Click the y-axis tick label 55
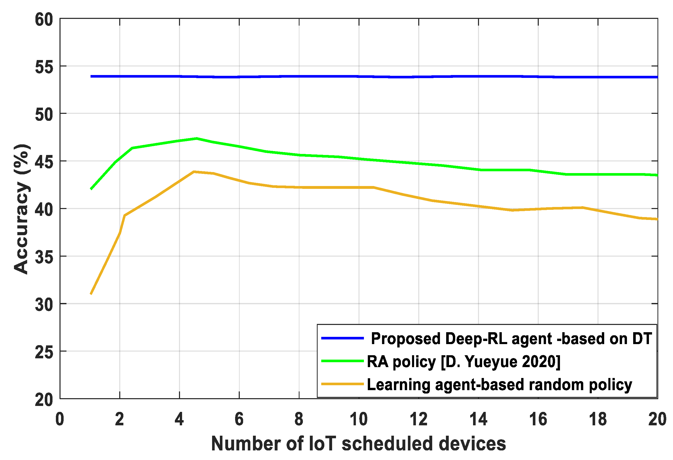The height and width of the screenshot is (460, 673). point(44,67)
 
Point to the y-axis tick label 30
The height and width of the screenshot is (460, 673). point(44,305)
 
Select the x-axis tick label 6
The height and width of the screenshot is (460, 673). point(239,419)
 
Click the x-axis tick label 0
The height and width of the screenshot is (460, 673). point(60,419)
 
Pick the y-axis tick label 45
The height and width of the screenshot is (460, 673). point(44,162)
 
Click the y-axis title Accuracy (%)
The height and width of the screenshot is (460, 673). point(21,209)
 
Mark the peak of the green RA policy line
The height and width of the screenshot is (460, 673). point(196,138)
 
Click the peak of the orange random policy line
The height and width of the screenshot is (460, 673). point(194,172)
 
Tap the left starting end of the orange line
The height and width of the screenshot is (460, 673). point(91,294)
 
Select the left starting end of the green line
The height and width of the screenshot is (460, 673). point(91,189)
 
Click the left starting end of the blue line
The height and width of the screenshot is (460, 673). point(91,77)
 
